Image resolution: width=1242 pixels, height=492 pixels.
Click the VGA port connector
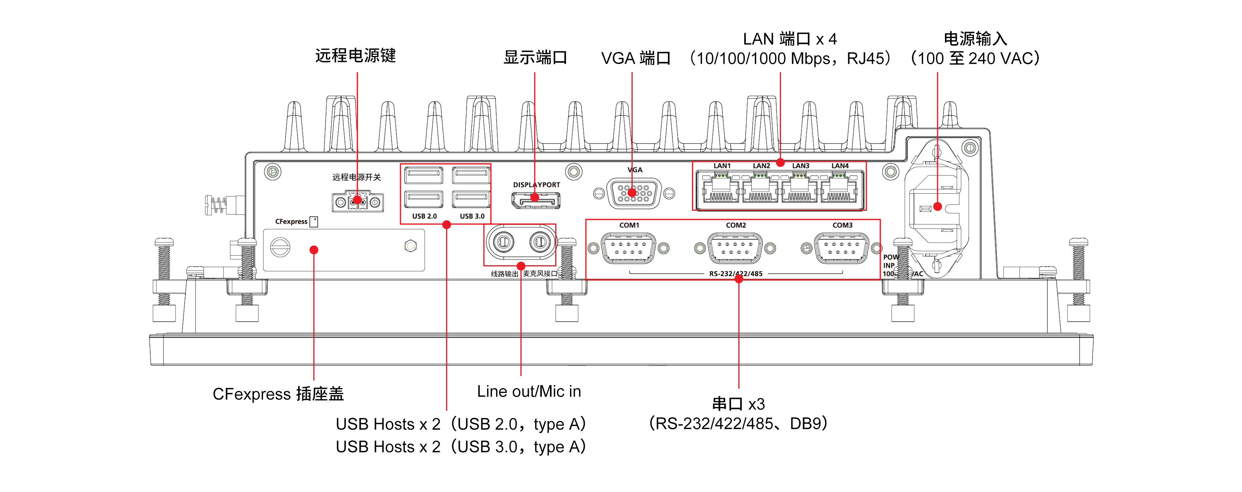point(633,193)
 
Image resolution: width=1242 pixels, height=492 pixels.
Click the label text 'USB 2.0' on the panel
point(424,216)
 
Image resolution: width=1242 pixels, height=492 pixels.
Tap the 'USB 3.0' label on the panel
point(472,216)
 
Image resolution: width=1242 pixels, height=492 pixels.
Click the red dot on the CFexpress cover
point(314,250)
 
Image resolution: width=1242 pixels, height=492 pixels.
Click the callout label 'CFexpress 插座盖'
point(278,394)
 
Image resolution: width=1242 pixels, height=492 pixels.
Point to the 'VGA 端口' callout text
point(636,58)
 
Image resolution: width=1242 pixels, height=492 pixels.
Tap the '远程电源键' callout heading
point(355,56)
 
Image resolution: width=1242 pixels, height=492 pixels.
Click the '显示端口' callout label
point(535,58)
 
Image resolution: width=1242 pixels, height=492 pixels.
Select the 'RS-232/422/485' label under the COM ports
point(736,273)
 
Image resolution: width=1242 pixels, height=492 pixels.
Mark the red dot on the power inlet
point(937,206)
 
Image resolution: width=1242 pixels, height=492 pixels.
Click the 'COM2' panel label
point(736,225)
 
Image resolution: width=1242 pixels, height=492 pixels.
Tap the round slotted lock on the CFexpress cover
point(280,247)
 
